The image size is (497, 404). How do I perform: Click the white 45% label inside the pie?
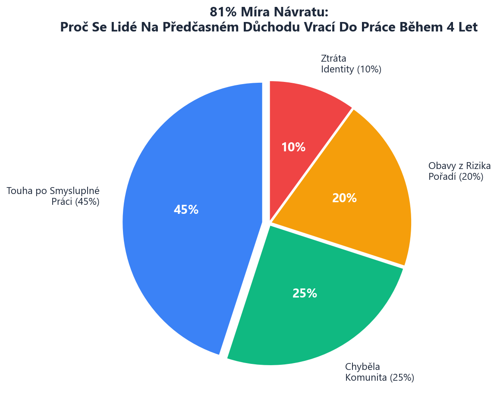click(x=186, y=210)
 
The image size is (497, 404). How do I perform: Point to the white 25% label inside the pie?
click(x=305, y=294)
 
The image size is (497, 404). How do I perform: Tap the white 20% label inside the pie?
click(x=344, y=198)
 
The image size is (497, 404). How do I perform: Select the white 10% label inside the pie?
click(x=293, y=147)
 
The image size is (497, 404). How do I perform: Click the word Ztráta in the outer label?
click(x=333, y=58)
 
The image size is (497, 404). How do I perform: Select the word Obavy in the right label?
click(x=441, y=166)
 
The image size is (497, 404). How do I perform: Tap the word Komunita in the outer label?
click(x=366, y=378)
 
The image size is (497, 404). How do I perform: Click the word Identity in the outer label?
click(x=337, y=69)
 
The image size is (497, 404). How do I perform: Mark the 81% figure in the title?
click(x=221, y=12)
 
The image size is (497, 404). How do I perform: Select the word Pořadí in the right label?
click(x=442, y=177)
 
